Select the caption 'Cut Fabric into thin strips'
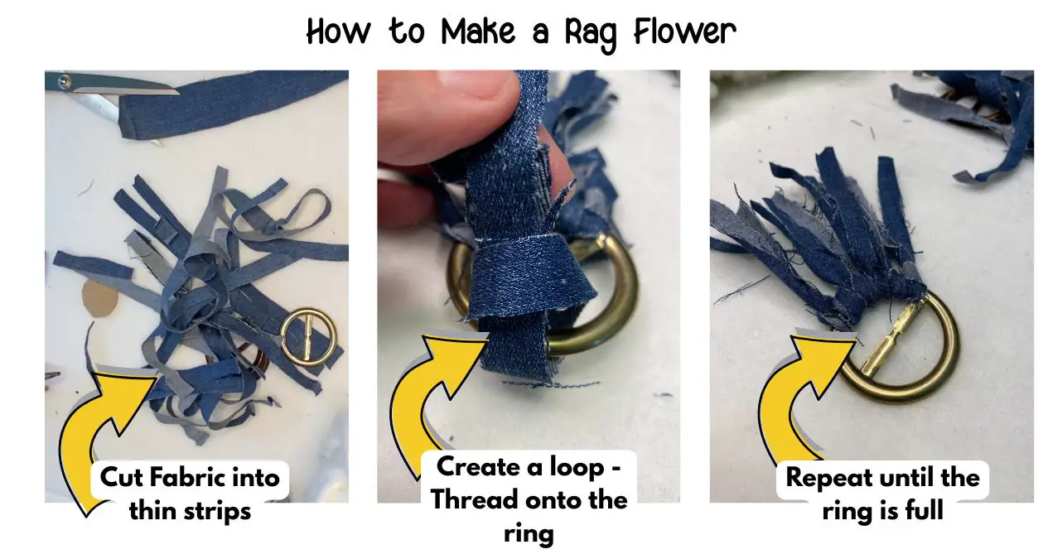tap(190, 494)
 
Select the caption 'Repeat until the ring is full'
tap(882, 494)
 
